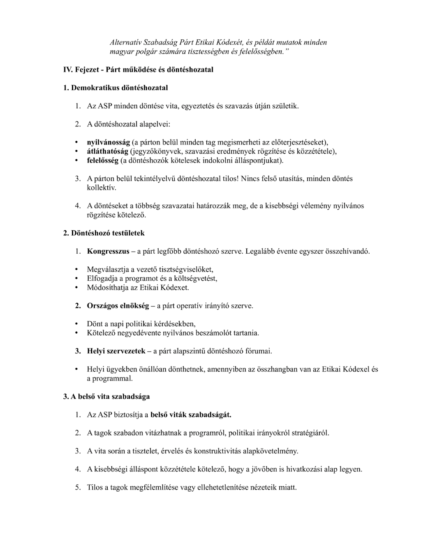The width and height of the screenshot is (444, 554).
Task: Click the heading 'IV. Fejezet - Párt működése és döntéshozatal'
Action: pos(138,69)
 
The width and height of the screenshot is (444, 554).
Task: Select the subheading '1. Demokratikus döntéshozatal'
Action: pos(116,87)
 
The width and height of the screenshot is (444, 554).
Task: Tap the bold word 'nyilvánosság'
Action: pos(108,142)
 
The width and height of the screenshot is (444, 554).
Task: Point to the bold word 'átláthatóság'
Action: pos(108,151)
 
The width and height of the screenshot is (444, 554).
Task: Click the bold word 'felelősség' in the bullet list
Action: pos(102,160)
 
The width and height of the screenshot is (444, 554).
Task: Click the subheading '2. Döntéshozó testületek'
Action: pos(104,233)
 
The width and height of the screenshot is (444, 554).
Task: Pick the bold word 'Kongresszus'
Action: pos(108,251)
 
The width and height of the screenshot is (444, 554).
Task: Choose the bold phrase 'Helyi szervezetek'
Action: pos(116,351)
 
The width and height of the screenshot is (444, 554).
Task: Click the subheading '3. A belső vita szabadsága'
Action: pos(106,396)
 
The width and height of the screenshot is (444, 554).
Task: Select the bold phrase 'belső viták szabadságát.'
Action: pos(191,414)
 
